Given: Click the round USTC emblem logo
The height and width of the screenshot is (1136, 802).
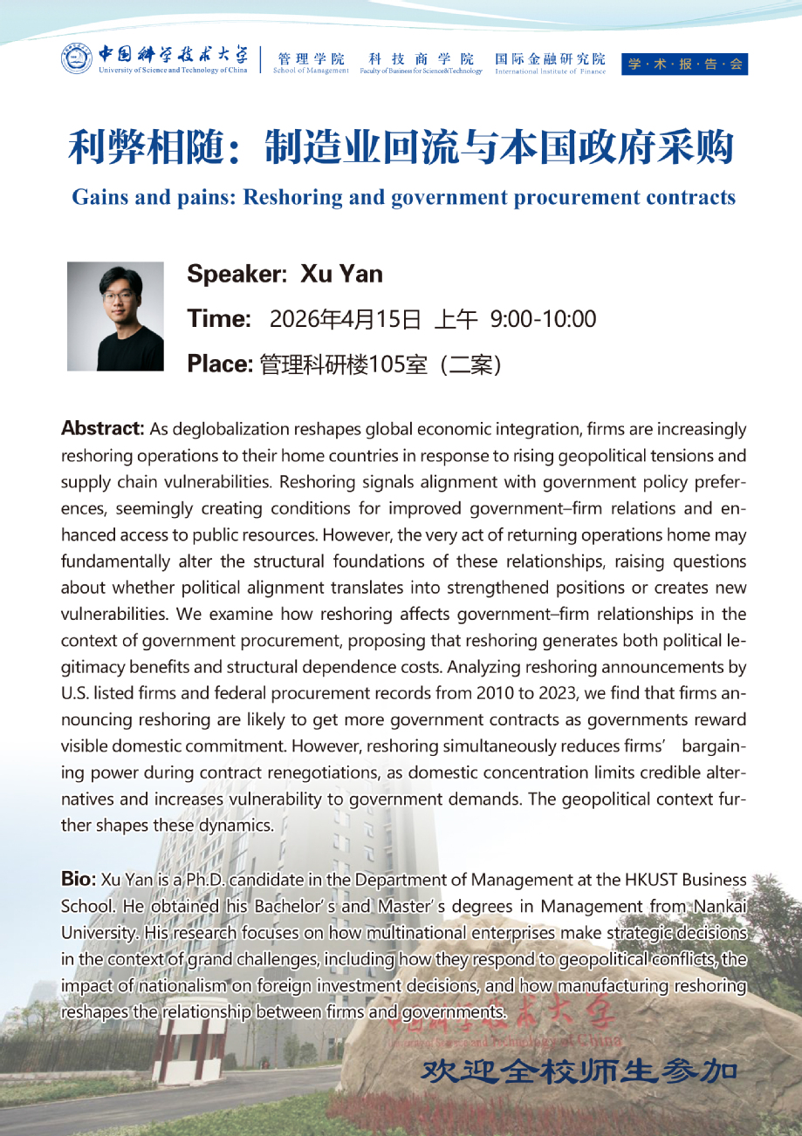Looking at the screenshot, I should point(77,59).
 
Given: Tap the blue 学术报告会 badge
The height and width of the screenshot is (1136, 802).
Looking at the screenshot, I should point(684,64).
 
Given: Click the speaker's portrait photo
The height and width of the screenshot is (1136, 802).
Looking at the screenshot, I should point(116,316).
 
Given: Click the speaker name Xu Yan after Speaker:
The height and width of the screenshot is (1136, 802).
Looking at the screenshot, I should point(341,275).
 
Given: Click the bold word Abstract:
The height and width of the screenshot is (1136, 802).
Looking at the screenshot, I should point(102,428).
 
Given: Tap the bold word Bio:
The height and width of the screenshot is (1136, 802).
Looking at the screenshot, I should point(79,878).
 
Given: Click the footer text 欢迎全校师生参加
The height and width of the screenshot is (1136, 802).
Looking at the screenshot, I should point(579,1071).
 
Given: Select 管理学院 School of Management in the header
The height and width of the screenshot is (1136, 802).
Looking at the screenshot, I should point(311,64).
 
